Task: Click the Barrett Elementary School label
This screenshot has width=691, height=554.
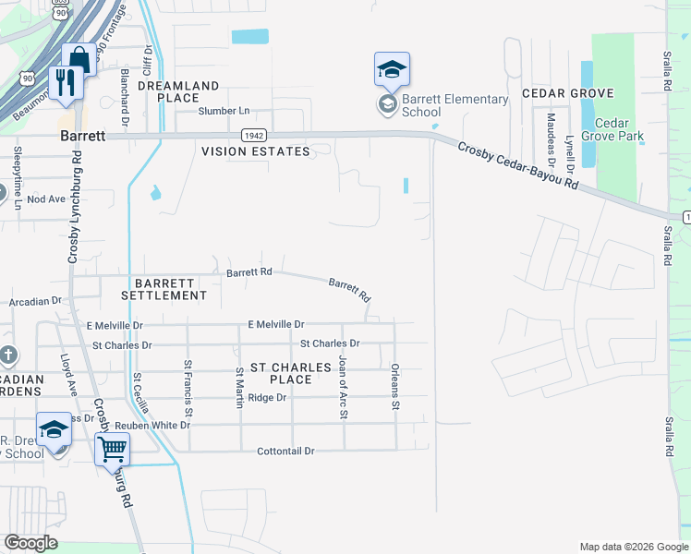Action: click(x=455, y=105)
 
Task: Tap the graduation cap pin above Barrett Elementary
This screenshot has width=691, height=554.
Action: click(x=392, y=70)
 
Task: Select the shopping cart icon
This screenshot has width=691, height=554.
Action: click(x=112, y=450)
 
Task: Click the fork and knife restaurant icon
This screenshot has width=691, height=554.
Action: click(x=64, y=84)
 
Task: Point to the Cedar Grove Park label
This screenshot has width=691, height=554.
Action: click(x=619, y=130)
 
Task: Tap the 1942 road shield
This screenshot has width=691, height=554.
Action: click(x=255, y=135)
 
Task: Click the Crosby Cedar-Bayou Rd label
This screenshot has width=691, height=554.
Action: click(x=517, y=167)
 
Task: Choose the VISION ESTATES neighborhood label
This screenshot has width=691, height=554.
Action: click(x=256, y=151)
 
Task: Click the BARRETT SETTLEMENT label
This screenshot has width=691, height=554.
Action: click(x=170, y=289)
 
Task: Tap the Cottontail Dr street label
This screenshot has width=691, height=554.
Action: click(x=286, y=451)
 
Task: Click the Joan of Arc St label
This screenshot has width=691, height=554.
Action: click(x=343, y=386)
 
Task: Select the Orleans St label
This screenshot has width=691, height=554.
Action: click(x=394, y=386)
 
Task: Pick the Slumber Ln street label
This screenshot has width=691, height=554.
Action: click(x=224, y=111)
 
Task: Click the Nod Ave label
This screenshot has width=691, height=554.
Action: click(x=46, y=199)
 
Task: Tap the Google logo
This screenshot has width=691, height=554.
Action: click(x=30, y=543)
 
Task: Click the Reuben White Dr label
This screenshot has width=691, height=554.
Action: click(x=152, y=425)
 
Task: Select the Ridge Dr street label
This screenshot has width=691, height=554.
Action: click(x=268, y=397)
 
